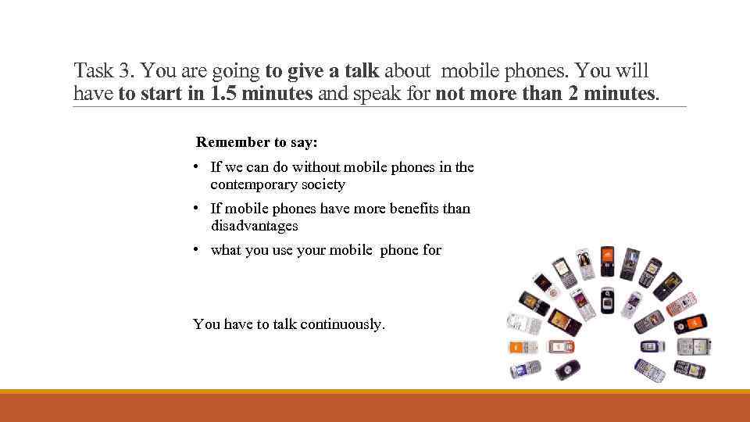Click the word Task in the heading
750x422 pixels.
pos(94,71)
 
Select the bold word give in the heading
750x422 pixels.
pos(305,71)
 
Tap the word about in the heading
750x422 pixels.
pos(407,71)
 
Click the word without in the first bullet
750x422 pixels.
pos(319,167)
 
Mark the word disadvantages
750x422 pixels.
pos(254,226)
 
